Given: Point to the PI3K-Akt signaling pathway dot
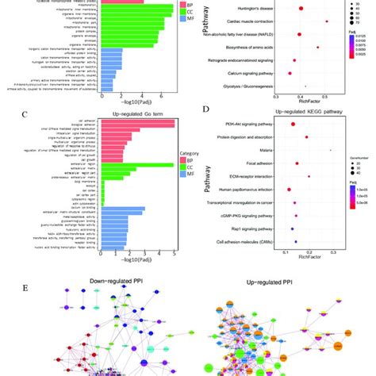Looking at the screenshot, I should (293, 123).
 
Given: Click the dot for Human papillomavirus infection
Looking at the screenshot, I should (297, 190).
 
